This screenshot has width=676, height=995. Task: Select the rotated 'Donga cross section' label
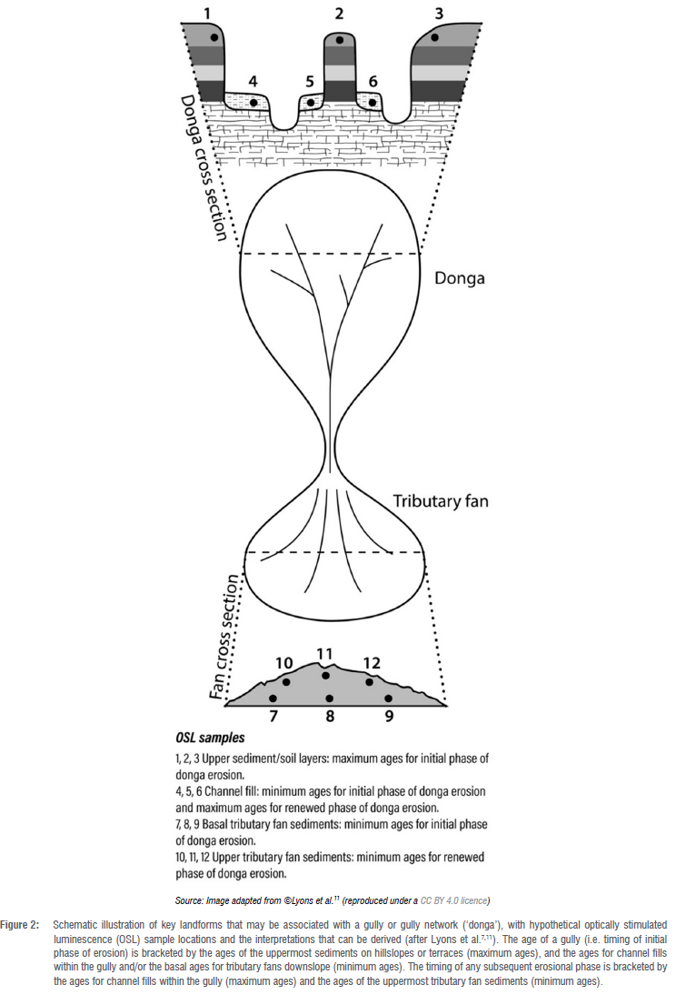[x=205, y=168]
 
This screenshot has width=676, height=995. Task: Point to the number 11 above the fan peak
[x=324, y=654]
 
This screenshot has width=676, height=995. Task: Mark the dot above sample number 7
[x=273, y=698]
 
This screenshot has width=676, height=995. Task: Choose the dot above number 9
[x=388, y=698]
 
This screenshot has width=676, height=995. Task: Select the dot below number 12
[x=370, y=681]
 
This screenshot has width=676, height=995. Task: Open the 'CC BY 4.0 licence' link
[x=454, y=900]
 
